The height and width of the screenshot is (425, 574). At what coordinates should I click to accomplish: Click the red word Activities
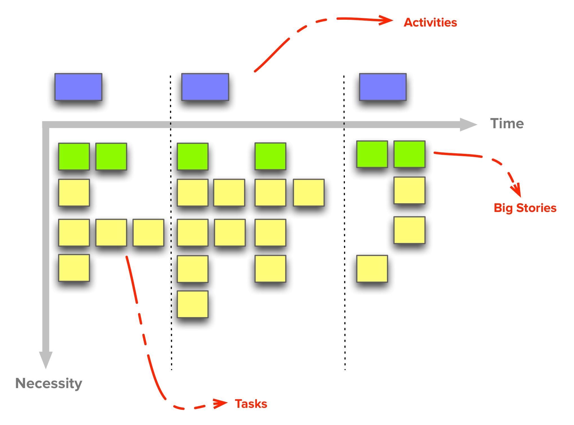[430, 23]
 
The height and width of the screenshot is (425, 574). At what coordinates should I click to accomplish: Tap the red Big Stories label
[525, 208]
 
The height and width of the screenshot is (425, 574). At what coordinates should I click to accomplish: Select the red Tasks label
[251, 404]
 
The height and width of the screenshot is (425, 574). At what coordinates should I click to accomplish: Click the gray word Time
[507, 123]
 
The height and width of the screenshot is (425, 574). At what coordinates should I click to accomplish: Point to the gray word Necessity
[48, 383]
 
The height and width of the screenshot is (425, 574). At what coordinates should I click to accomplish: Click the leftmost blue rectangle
[78, 87]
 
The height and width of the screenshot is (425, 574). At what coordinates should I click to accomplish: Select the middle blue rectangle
[205, 87]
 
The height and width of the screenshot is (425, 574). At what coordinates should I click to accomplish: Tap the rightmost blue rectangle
[383, 87]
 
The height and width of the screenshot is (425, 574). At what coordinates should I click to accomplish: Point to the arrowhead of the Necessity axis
[46, 359]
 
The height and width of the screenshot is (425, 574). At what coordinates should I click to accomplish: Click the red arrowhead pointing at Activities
[387, 20]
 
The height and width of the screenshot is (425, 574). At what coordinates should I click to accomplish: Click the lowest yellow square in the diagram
[193, 304]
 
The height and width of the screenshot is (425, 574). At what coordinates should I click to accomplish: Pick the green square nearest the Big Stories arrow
[409, 154]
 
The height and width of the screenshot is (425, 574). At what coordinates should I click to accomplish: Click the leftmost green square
[74, 156]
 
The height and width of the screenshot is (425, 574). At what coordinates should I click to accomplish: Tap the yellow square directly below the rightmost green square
[409, 190]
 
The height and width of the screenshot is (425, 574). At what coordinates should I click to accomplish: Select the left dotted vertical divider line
[171, 225]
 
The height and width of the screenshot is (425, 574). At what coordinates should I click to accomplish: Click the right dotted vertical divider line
[344, 225]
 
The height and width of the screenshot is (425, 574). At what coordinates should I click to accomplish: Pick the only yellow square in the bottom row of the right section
[372, 269]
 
